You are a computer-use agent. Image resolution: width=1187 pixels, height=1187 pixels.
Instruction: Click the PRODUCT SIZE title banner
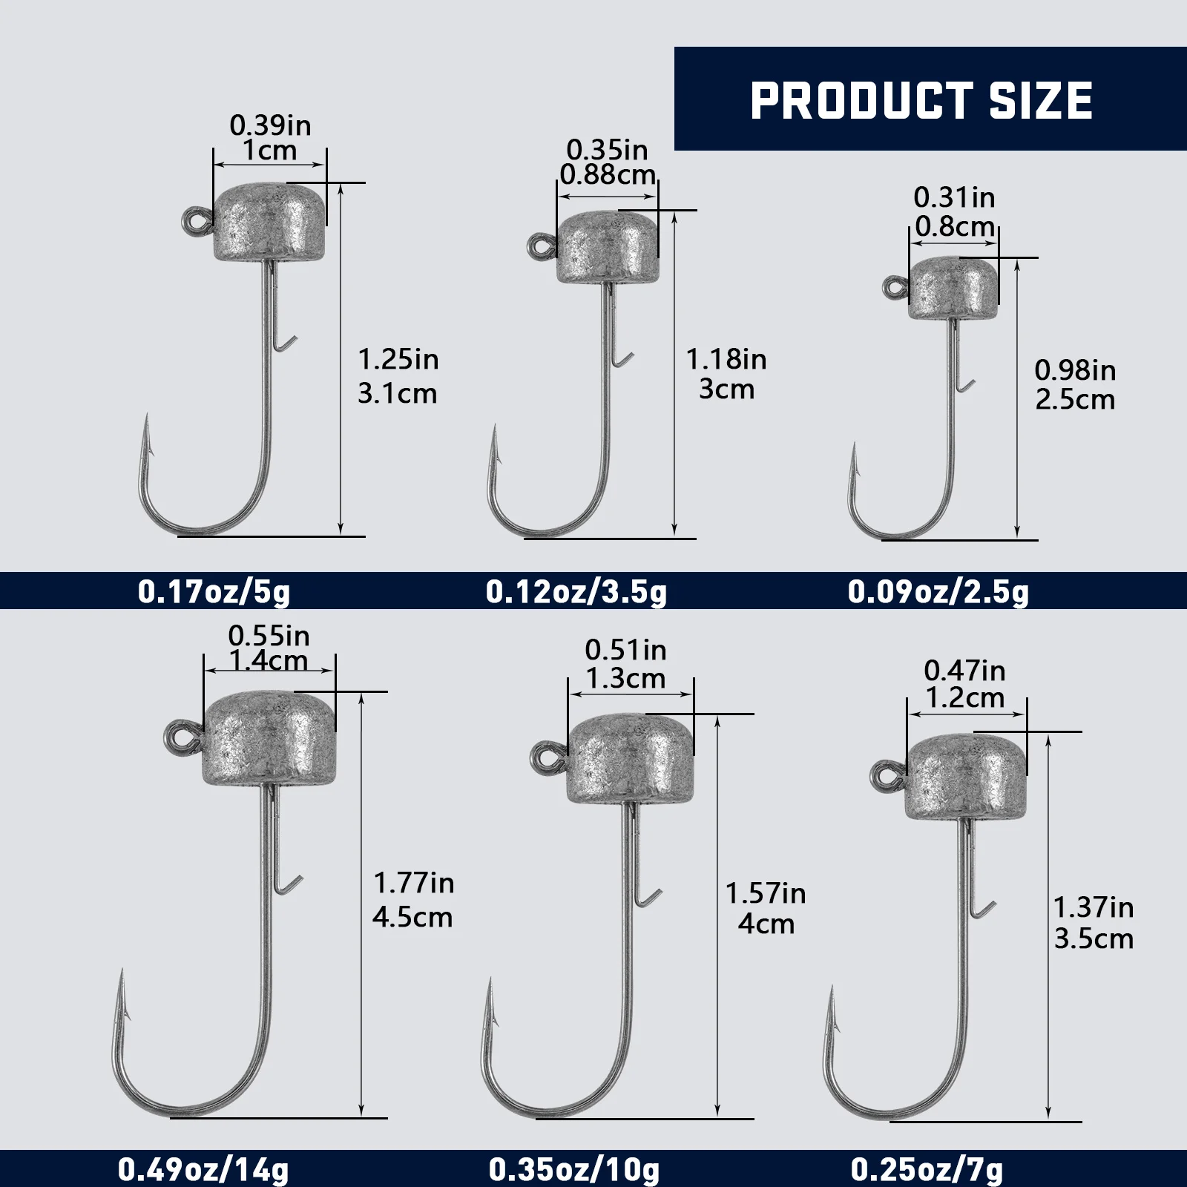(x=930, y=99)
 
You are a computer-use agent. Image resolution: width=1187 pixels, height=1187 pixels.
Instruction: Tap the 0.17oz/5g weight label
(x=214, y=591)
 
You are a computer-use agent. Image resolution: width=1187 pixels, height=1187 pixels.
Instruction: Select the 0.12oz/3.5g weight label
(x=576, y=591)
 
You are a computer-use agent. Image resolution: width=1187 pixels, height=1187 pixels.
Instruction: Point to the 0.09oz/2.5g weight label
(x=938, y=591)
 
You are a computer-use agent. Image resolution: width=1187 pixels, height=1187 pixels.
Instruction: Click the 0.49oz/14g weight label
(x=203, y=1170)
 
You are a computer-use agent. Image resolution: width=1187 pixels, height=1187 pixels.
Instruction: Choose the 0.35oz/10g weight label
(x=574, y=1170)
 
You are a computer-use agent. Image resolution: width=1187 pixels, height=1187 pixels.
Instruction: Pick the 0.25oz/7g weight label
(x=927, y=1170)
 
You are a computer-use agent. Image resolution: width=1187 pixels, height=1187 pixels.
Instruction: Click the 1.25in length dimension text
(x=398, y=360)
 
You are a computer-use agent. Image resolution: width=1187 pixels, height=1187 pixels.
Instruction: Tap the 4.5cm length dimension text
(x=412, y=917)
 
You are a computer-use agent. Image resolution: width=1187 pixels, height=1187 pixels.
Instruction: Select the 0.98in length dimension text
(x=1075, y=369)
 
